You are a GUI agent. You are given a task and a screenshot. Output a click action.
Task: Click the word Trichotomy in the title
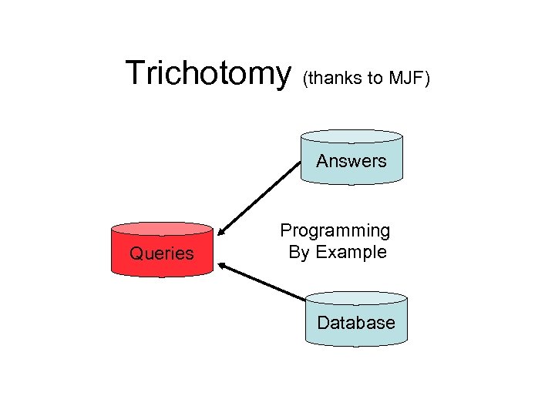click(x=207, y=74)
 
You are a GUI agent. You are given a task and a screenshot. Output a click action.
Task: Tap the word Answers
click(x=351, y=161)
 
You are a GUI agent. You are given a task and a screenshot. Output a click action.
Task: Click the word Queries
click(x=162, y=253)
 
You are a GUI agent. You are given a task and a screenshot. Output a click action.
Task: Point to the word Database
click(x=355, y=323)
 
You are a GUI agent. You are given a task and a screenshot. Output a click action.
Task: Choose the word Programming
click(x=335, y=230)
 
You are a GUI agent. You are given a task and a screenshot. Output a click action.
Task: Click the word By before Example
click(x=298, y=252)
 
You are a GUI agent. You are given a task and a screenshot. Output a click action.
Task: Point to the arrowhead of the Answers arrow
click(x=222, y=230)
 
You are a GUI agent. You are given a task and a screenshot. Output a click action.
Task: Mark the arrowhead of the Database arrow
click(x=223, y=265)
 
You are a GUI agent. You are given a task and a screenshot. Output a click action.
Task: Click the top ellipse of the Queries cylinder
click(x=162, y=229)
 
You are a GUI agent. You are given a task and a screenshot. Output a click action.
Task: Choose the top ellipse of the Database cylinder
click(x=355, y=298)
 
